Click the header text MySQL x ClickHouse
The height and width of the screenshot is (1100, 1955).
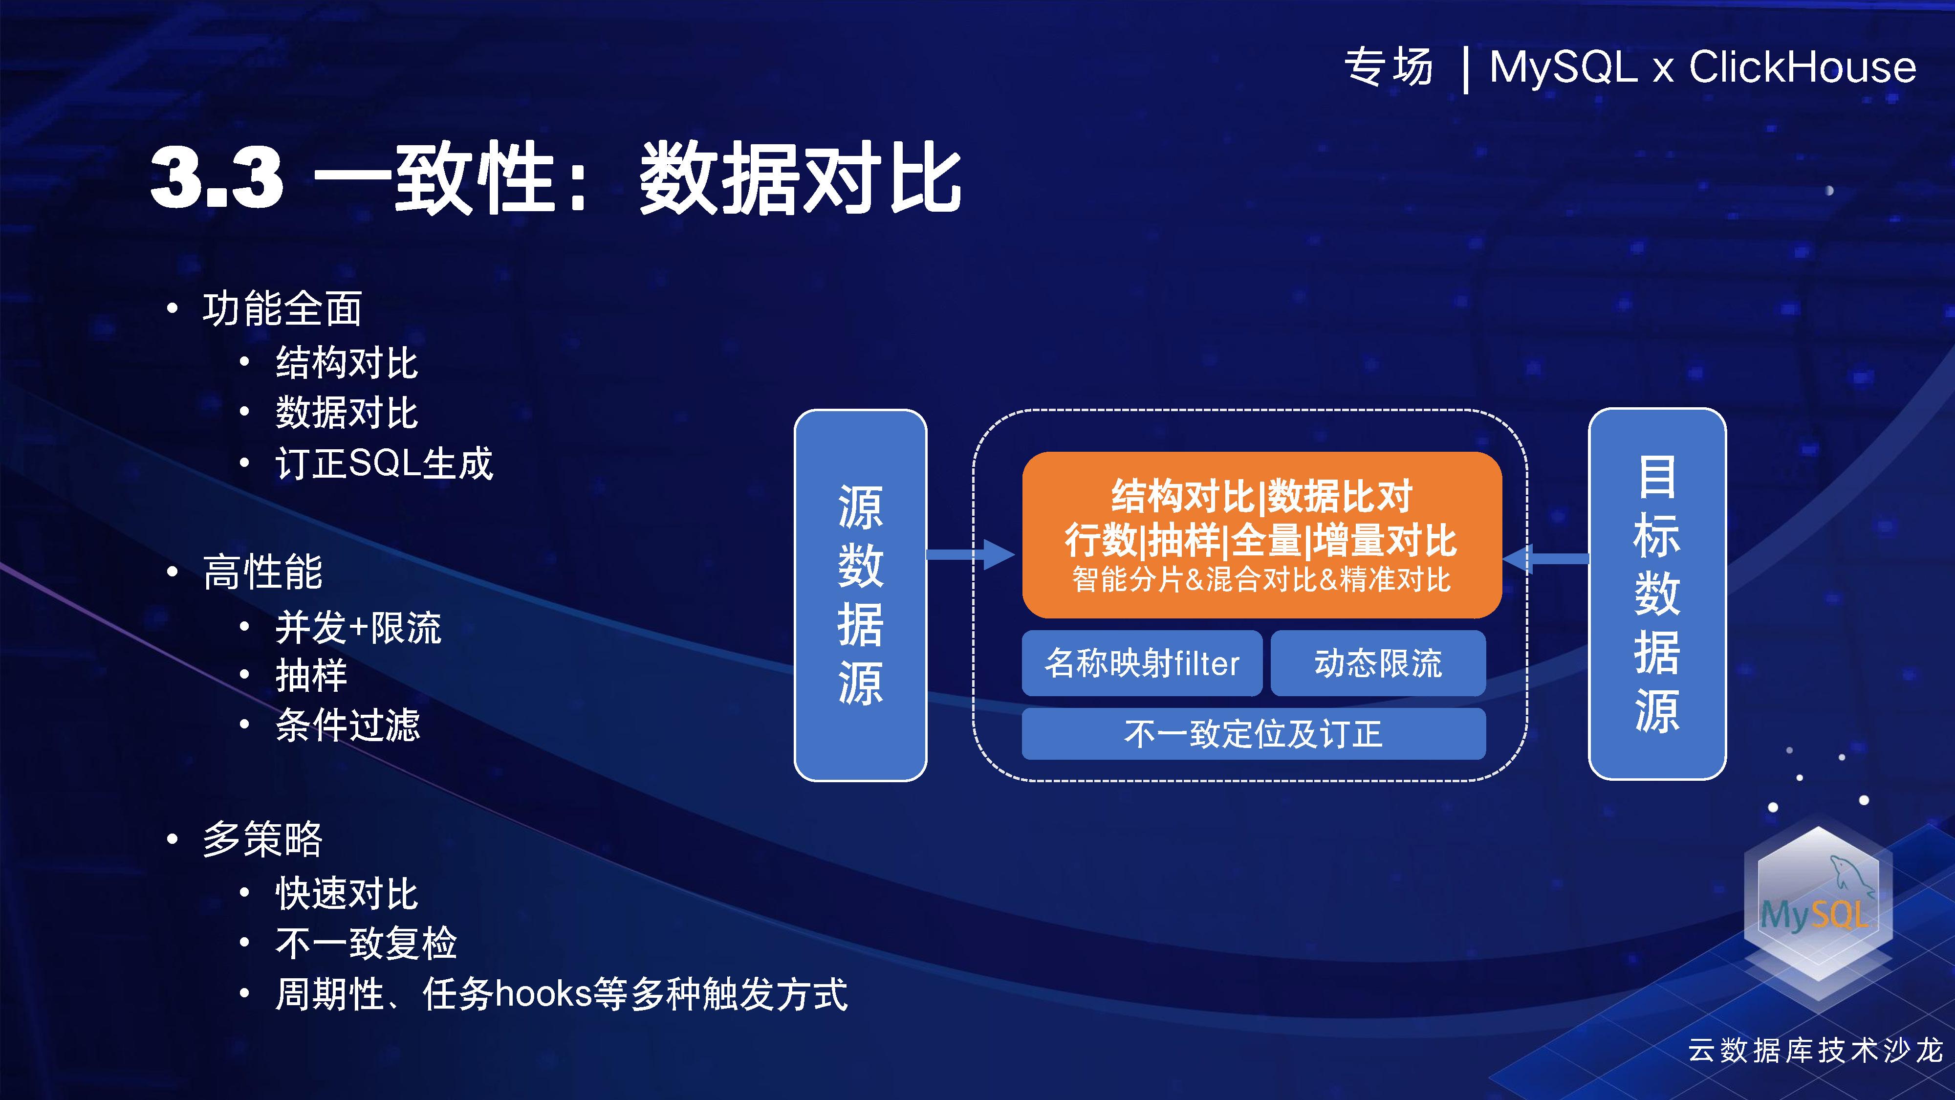pos(1702,67)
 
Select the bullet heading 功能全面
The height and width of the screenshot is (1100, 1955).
pos(282,308)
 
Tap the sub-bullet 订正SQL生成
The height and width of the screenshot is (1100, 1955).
pos(384,463)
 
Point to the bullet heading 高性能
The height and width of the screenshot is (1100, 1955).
pos(262,571)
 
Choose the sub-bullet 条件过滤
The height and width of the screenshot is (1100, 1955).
pos(348,724)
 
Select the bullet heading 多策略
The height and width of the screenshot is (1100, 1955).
pos(262,839)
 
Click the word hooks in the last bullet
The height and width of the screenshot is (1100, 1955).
pos(543,993)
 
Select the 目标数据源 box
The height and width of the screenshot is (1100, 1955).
pos(1657,594)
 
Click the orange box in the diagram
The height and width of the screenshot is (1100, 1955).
pos(1261,534)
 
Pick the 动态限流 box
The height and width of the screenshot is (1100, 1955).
pos(1377,663)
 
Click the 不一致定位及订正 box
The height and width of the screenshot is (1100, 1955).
pos(1253,733)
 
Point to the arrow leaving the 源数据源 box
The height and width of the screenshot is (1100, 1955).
pos(971,554)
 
